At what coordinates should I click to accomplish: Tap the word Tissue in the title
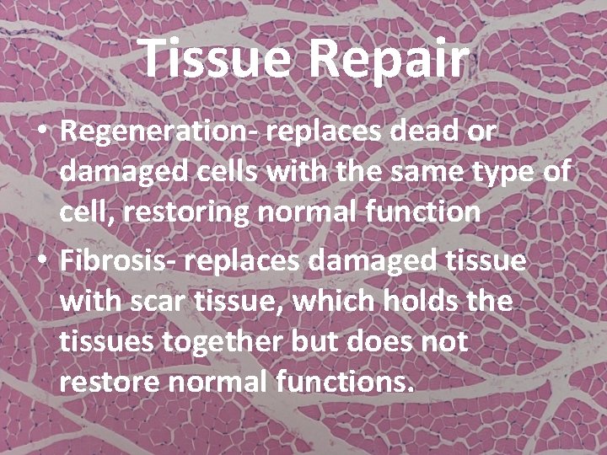pos(214,57)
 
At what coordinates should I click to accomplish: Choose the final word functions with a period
pos(346,383)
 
